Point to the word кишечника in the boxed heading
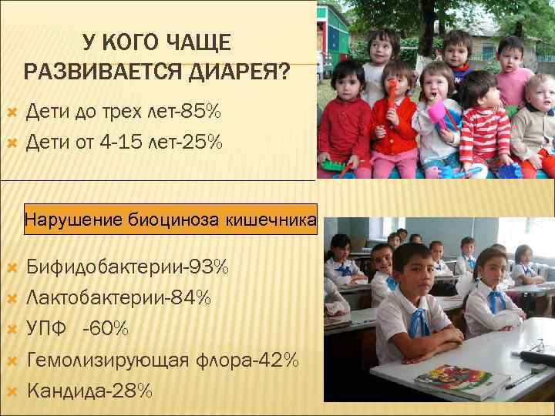pos(270,221)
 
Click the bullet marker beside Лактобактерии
pos(11,298)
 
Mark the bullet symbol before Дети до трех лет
pos(11,113)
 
